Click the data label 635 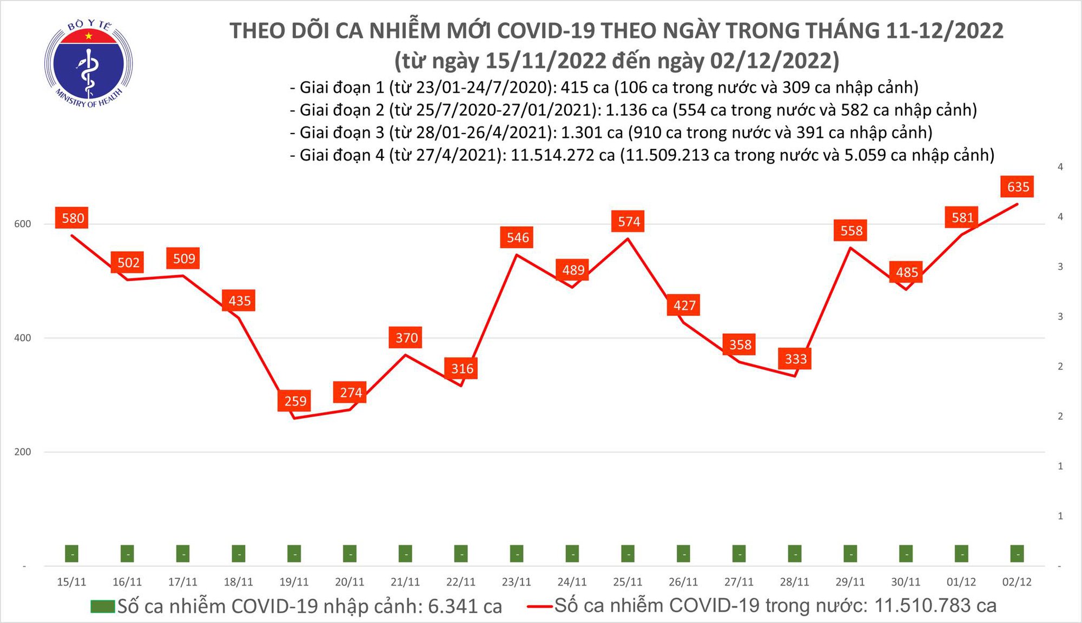point(1018,187)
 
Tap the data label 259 point(295,401)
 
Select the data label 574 point(629,222)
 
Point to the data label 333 point(795,359)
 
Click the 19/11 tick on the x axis point(294,582)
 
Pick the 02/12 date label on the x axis point(1017,582)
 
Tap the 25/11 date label point(628,582)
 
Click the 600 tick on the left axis point(22,224)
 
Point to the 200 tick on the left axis point(22,452)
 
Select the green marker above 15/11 point(71,554)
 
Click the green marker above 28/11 point(794,554)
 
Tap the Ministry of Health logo point(89,64)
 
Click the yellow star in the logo point(89,36)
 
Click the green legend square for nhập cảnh point(103,606)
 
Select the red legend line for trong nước point(539,606)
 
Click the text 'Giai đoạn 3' point(342,132)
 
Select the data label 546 point(517,238)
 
